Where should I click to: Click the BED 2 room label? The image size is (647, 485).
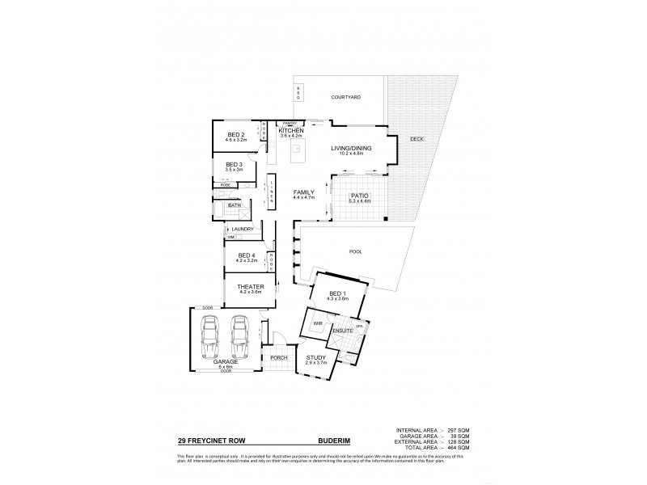(235, 134)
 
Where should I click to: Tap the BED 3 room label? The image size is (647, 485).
(235, 165)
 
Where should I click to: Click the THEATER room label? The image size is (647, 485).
(247, 287)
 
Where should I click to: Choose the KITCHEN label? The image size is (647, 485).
(290, 130)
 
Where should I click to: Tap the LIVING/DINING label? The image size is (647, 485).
(352, 149)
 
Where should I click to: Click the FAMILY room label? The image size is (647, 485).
(303, 192)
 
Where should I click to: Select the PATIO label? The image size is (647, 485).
(360, 196)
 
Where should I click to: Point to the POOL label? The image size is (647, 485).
(356, 251)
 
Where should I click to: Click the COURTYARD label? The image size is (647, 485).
(345, 97)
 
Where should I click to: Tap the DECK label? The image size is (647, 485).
(417, 139)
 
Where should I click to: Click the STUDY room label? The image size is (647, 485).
(315, 358)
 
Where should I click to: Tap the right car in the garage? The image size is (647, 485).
(239, 337)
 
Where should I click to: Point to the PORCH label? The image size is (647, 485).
(279, 357)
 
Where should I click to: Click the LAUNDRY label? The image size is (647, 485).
(243, 230)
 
